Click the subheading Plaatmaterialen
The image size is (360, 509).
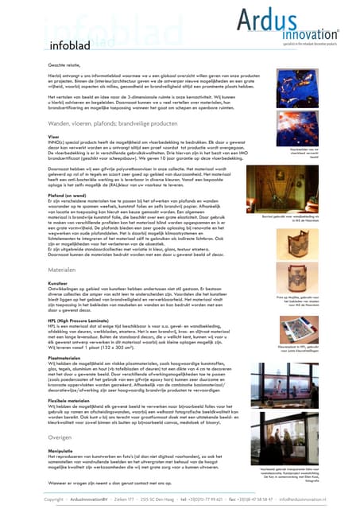click(69, 358)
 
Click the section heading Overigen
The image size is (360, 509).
click(63, 437)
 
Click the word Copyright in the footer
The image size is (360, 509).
click(54, 499)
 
